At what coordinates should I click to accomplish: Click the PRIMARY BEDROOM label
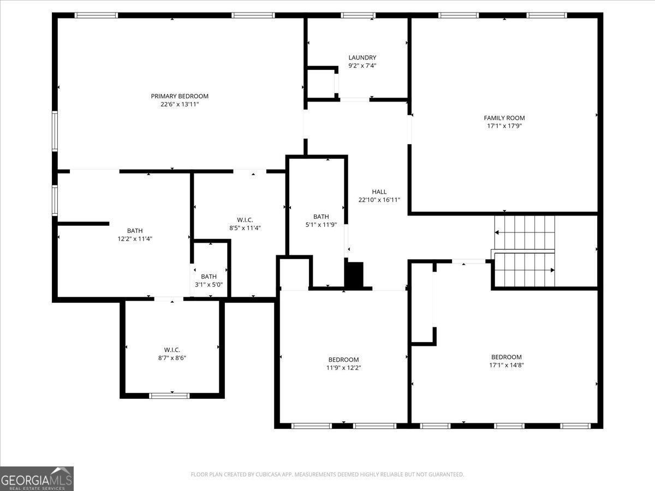(x=180, y=96)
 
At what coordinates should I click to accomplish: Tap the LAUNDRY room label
(x=362, y=57)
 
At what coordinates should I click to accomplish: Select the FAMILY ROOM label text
(x=504, y=118)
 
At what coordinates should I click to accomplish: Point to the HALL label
(x=379, y=191)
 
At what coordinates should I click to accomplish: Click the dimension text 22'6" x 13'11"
(x=180, y=104)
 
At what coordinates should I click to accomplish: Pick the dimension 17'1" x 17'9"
(x=504, y=126)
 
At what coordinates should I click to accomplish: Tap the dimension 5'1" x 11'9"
(x=321, y=225)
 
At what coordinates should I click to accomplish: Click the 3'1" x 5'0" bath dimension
(x=209, y=285)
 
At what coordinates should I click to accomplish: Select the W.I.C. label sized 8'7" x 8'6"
(x=172, y=350)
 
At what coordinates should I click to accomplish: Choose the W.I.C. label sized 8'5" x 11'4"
(x=245, y=220)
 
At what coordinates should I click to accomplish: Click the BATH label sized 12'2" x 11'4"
(x=135, y=230)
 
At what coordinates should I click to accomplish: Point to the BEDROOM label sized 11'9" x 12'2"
(x=343, y=360)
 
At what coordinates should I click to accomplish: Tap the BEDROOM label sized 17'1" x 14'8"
(x=507, y=357)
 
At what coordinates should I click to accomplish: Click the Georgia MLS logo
(x=37, y=479)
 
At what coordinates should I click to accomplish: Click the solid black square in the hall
(x=354, y=275)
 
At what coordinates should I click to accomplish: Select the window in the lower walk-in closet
(x=169, y=396)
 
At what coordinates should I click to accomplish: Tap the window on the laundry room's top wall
(x=358, y=15)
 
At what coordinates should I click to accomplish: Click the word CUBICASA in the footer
(x=268, y=474)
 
